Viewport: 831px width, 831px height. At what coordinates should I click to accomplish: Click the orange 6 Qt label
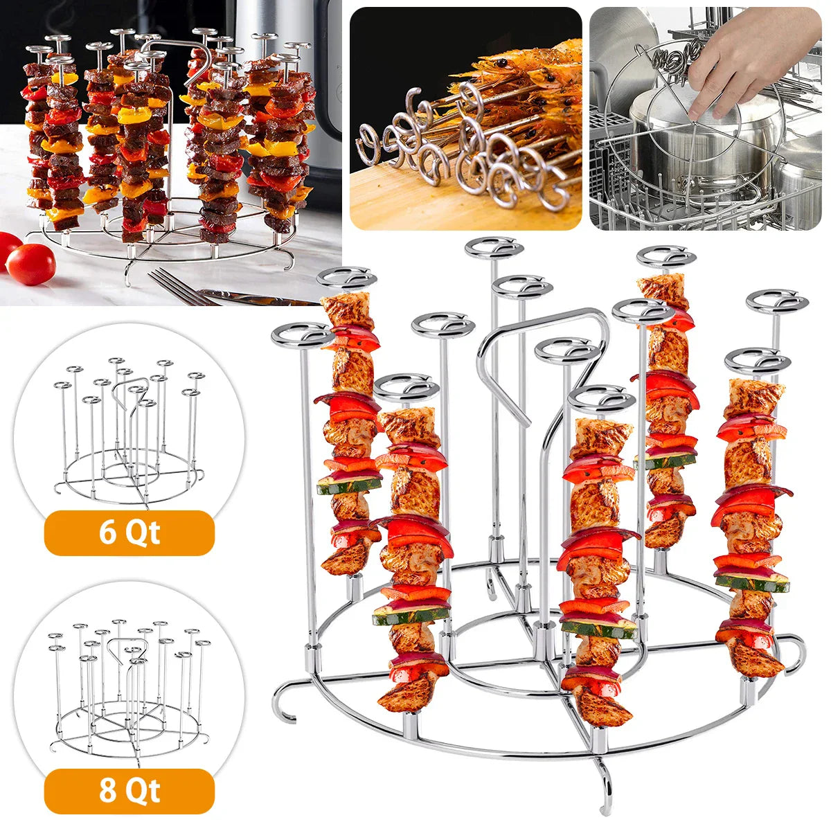tap(129, 533)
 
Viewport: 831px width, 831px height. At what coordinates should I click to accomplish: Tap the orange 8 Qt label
tap(129, 791)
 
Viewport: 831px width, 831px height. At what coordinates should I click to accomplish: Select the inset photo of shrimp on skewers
tap(465, 118)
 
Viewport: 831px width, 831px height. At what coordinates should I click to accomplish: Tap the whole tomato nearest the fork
tap(31, 265)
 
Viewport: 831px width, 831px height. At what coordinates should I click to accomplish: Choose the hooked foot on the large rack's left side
tap(285, 699)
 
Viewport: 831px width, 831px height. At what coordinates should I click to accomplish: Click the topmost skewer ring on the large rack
tap(494, 247)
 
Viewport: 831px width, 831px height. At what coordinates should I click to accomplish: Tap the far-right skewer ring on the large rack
tap(777, 303)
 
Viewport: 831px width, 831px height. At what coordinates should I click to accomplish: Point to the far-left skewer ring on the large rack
tap(303, 335)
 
